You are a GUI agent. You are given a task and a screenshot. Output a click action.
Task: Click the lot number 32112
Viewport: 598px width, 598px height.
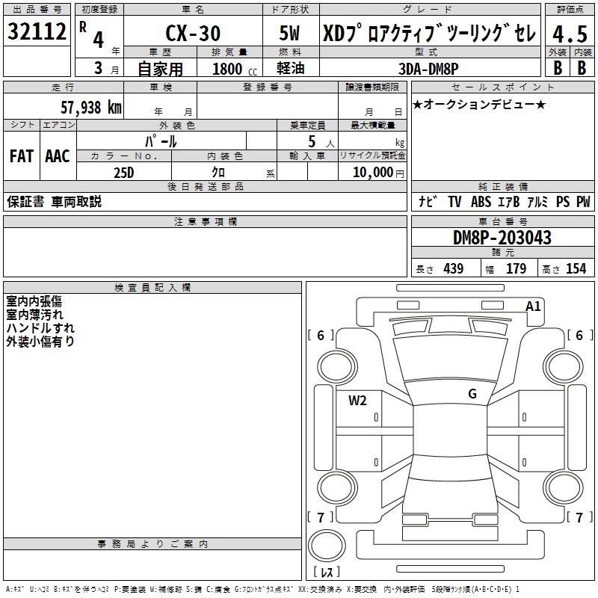(37, 31)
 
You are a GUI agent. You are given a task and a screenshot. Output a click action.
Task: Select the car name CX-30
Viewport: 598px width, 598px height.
(193, 33)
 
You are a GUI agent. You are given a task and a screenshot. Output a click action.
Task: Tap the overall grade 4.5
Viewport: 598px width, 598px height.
(570, 34)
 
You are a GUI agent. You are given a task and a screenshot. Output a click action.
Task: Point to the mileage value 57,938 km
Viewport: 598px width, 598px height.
(91, 108)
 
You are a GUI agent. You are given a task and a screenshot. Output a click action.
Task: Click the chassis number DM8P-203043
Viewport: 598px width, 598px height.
(502, 238)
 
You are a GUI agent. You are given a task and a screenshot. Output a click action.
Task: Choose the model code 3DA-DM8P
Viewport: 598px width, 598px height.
(428, 69)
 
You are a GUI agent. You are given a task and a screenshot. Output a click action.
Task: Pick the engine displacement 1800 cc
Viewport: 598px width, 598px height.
(235, 69)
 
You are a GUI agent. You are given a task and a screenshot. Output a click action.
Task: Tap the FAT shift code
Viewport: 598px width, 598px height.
(22, 156)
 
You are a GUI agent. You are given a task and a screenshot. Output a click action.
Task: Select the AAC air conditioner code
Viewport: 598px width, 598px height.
(58, 156)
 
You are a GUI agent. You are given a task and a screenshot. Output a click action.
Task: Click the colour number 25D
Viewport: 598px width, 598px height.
(124, 173)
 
